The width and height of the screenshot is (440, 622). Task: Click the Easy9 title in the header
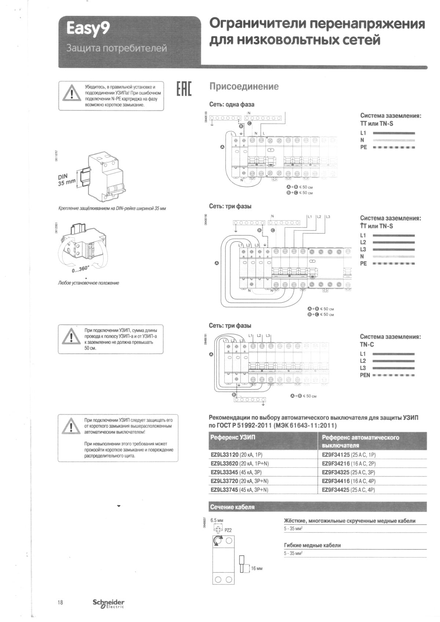[88, 29]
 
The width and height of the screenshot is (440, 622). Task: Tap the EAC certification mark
[184, 88]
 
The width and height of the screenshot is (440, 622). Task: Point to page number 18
[60, 603]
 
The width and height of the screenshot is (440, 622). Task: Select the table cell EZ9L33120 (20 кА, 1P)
[236, 455]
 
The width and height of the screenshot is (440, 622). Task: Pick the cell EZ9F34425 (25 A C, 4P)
[349, 490]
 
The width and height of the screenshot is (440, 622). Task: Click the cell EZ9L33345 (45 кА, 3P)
[236, 472]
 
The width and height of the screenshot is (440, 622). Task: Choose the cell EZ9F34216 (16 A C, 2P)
[349, 464]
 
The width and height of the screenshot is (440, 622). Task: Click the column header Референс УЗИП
[233, 437]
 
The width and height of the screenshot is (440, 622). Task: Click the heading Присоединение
[244, 87]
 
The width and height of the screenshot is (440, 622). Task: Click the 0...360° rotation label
[80, 269]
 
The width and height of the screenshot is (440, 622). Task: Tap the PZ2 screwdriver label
[228, 530]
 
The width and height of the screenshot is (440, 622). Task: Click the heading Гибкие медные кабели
[312, 545]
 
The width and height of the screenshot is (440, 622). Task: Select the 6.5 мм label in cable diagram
[217, 520]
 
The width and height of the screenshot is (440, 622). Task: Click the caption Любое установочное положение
[88, 283]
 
